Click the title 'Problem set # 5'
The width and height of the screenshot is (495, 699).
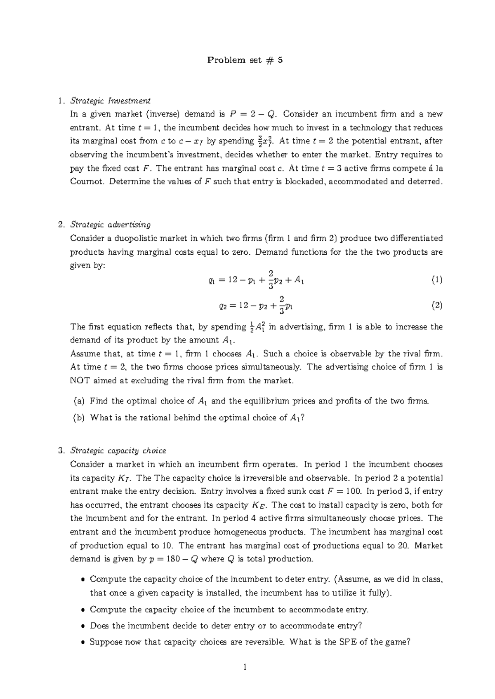tap(245, 60)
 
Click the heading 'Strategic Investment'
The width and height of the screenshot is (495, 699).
tap(110, 101)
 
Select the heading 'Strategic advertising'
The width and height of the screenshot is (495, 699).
tap(110, 225)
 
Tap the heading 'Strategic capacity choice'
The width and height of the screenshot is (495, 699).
tap(118, 450)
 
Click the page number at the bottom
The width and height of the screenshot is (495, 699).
tap(245, 667)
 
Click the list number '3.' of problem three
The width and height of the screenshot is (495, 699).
tap(62, 450)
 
